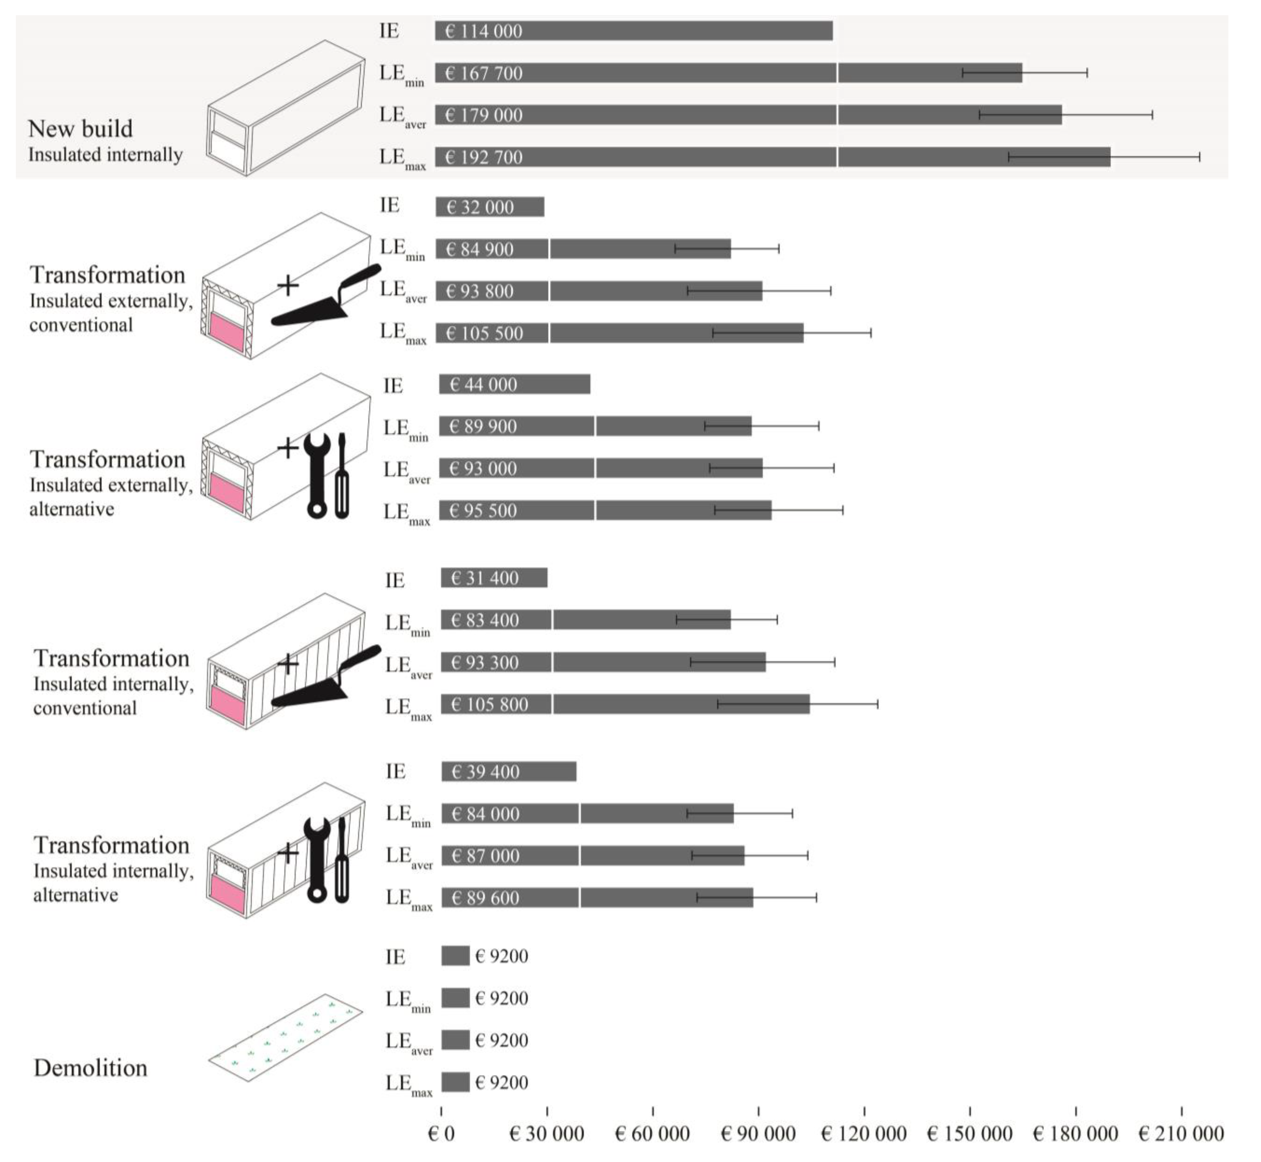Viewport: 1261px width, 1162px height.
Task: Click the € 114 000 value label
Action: click(483, 31)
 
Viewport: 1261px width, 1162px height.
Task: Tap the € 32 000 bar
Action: click(490, 207)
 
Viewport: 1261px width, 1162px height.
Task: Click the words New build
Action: click(80, 129)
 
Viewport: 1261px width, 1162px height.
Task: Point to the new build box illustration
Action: click(286, 108)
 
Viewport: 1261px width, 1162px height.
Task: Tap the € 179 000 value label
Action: click(483, 115)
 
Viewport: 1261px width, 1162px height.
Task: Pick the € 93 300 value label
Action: click(485, 662)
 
